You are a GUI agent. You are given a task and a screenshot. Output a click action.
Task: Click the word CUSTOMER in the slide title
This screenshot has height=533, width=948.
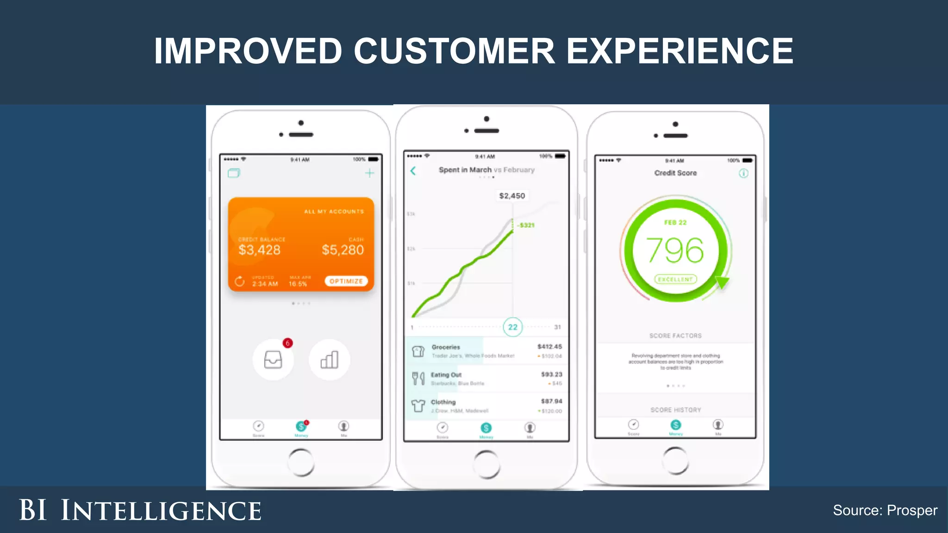tap(454, 51)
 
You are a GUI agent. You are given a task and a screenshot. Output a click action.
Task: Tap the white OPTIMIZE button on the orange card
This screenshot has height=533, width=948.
tap(346, 281)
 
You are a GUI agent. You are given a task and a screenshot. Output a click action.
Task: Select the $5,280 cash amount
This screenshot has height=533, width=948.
tap(343, 250)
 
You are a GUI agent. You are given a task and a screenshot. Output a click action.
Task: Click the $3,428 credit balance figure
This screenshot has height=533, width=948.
tap(259, 250)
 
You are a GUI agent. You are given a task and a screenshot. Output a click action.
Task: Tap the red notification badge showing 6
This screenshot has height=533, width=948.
tap(287, 343)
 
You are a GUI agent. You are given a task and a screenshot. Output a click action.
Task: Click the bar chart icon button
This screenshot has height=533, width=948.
tap(329, 359)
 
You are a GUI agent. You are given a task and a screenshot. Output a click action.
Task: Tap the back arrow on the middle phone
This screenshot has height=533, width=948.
tap(413, 171)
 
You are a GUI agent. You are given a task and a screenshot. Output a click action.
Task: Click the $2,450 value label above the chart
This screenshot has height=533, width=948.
tap(512, 196)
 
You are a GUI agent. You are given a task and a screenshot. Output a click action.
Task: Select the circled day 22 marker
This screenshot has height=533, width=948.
tap(512, 327)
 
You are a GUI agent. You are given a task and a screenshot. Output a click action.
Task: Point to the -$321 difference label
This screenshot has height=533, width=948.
tap(526, 225)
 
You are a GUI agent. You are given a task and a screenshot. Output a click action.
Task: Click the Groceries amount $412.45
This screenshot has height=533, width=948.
tap(549, 347)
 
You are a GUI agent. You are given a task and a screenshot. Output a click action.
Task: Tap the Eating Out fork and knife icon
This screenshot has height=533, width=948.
tap(418, 378)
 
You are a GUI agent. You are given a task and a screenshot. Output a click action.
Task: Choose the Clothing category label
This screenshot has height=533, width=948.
tap(443, 402)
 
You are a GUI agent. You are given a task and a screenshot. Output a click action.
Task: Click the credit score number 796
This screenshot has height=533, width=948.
tap(675, 250)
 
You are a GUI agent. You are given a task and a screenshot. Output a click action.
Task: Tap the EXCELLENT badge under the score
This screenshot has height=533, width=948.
tap(675, 279)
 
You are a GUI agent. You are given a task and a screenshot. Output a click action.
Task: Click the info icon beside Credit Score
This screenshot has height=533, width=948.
tap(743, 174)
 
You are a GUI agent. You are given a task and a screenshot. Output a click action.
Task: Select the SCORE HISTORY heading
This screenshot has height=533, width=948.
tap(675, 410)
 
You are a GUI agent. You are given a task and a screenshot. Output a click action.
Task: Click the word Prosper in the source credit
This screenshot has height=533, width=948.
tap(912, 510)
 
